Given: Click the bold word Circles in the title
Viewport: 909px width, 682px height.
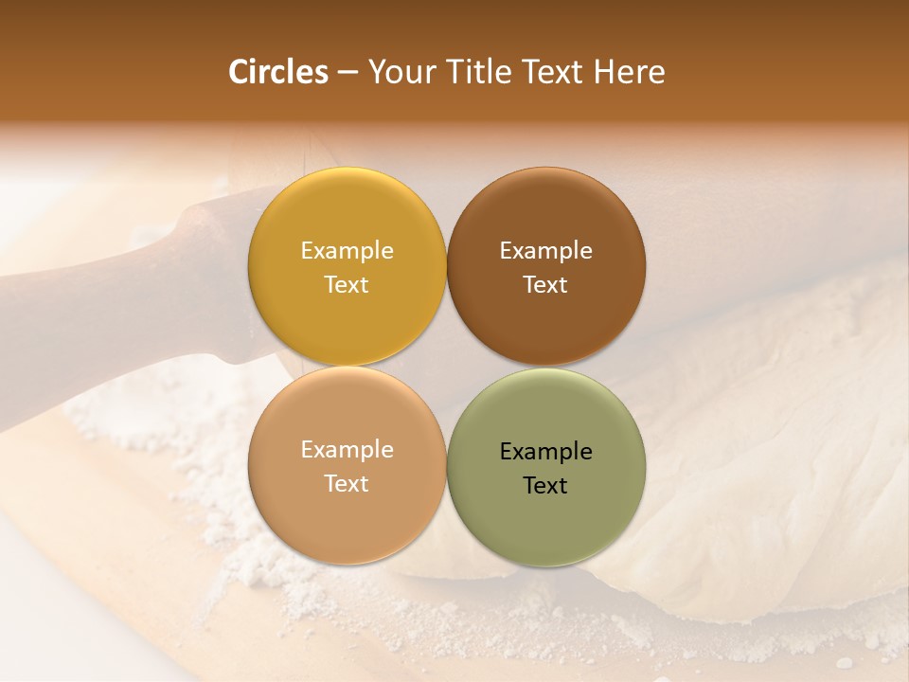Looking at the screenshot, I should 277,72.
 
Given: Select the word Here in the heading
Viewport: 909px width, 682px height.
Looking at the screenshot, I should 629,72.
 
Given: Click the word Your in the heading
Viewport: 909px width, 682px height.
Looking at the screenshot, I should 401,72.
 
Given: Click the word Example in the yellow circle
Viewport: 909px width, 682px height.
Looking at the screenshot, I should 347,251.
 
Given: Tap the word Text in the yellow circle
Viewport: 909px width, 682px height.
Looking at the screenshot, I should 347,284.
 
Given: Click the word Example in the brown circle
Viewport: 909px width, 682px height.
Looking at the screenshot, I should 545,251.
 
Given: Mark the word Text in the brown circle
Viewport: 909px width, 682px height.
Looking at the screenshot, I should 545,284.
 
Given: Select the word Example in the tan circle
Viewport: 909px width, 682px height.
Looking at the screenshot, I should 347,450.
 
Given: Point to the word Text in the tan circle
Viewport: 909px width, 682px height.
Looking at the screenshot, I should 347,483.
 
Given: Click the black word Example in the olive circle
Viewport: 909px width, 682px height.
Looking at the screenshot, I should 545,452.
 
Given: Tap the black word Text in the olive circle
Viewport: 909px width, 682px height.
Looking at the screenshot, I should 545,485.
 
